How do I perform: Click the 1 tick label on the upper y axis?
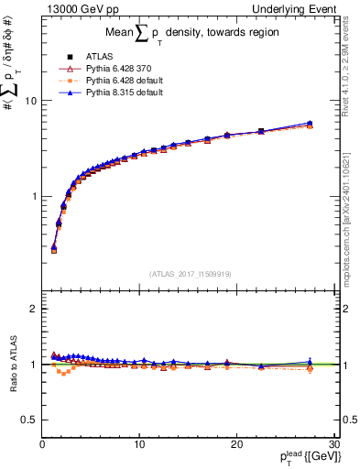[x=33, y=197]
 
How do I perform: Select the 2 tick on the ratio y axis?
[x=33, y=309]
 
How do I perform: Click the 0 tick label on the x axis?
[x=42, y=444]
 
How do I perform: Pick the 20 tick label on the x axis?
[x=236, y=444]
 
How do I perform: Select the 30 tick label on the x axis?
[x=333, y=444]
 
